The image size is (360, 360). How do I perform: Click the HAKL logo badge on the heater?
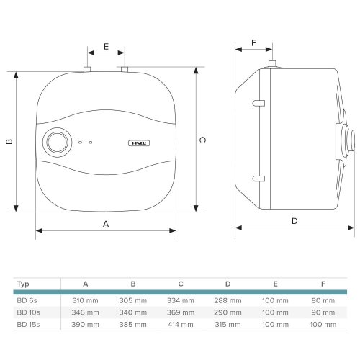[x=139, y=143]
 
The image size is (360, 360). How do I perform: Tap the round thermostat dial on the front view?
[x=57, y=143]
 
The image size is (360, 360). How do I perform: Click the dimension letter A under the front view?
[x=106, y=224]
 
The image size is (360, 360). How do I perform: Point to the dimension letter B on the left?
[x=9, y=142]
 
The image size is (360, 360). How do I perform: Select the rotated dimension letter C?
[x=202, y=140]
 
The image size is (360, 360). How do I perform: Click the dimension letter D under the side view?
[x=294, y=221]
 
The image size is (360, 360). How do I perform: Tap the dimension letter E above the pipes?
[x=106, y=46]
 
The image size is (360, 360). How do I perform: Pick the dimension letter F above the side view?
[x=253, y=43]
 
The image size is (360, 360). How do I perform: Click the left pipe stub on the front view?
[x=87, y=69]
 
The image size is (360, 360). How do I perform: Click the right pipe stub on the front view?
[x=125, y=69]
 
